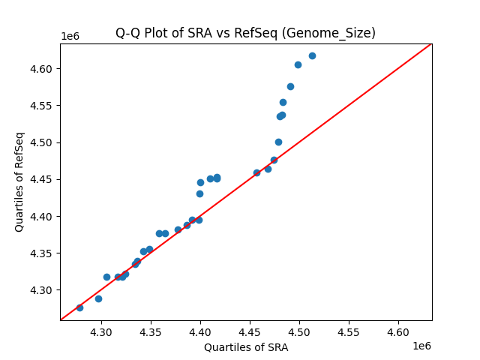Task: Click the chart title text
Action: pyautogui.click(x=245, y=33)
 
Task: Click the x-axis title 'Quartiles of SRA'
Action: pyautogui.click(x=245, y=347)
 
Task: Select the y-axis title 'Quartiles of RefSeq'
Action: pyautogui.click(x=19, y=181)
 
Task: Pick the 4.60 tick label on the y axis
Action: pyautogui.click(x=41, y=69)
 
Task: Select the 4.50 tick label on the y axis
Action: pyautogui.click(x=41, y=142)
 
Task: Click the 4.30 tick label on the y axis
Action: pyautogui.click(x=41, y=290)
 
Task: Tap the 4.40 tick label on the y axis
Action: pyautogui.click(x=41, y=217)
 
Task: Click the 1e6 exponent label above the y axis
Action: pyautogui.click(x=70, y=37)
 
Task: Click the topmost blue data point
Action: pyautogui.click(x=312, y=55)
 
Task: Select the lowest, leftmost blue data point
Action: pyautogui.click(x=79, y=307)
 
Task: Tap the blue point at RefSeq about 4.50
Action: pyautogui.click(x=278, y=142)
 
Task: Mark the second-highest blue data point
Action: pyautogui.click(x=298, y=64)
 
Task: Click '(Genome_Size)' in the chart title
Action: pyautogui.click(x=338, y=33)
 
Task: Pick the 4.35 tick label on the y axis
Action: pyautogui.click(x=41, y=253)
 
